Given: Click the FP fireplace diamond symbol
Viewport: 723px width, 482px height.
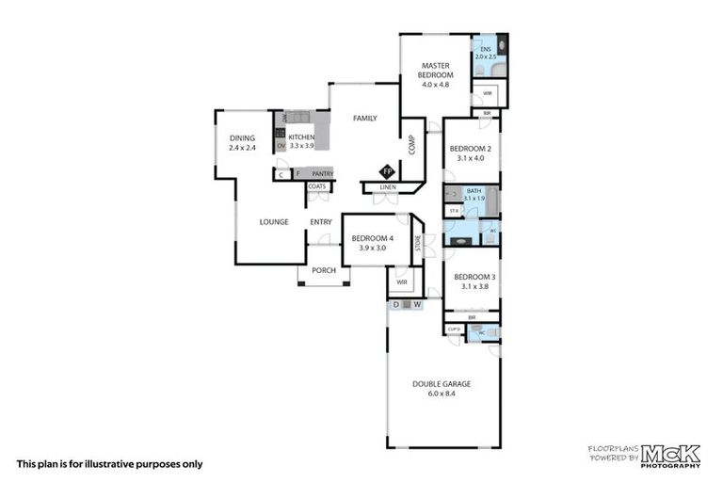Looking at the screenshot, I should point(386,171).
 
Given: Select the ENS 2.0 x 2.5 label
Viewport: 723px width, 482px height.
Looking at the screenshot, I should point(486,53).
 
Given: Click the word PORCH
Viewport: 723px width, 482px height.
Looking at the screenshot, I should point(324,270).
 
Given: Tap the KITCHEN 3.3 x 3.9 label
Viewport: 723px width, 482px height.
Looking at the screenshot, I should point(301,141).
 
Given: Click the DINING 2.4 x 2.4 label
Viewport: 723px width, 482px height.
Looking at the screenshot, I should point(242,143).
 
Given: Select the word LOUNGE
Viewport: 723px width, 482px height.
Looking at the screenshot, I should point(274,222).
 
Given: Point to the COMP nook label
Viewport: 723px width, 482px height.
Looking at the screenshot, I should point(411,145).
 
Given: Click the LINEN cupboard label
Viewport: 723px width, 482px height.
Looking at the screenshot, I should point(388,187).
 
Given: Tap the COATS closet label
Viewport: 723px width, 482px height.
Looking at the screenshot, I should point(317,186).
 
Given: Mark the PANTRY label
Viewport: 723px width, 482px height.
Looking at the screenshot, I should point(322,173).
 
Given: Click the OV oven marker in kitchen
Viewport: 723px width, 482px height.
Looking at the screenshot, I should point(281,146).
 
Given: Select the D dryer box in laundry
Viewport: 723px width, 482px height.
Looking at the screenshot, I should point(395,304).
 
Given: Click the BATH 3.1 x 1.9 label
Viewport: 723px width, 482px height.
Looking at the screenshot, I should point(474,194).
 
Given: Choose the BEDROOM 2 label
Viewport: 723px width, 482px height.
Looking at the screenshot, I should point(470,153).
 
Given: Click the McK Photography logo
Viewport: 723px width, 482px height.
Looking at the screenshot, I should point(669,456).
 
